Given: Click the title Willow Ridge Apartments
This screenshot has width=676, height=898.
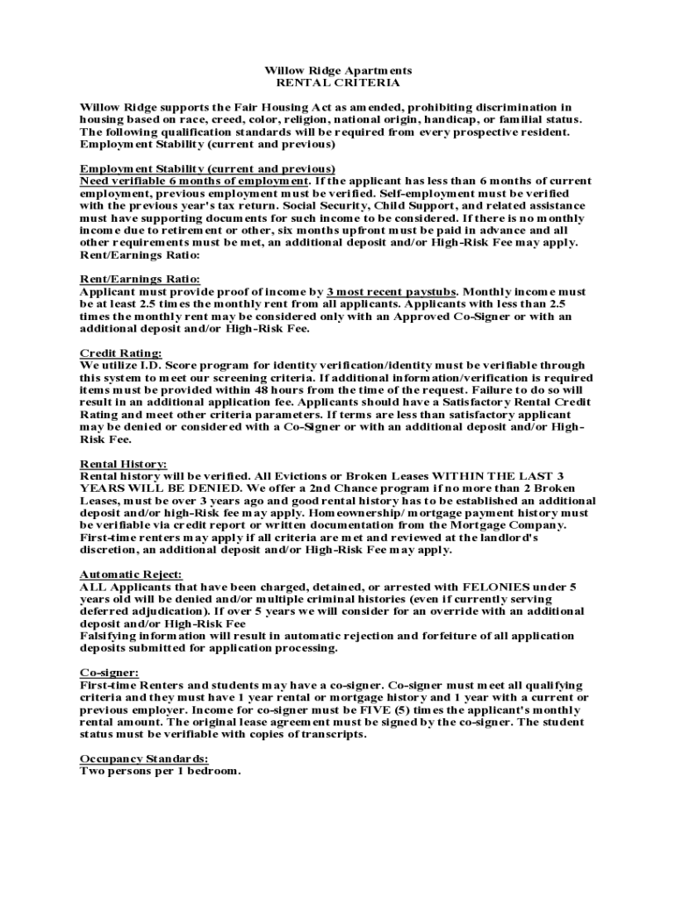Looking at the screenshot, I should tap(338, 70).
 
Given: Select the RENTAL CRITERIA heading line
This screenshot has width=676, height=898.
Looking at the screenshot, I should tap(338, 82).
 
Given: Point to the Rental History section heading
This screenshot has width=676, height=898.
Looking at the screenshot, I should tap(123, 463).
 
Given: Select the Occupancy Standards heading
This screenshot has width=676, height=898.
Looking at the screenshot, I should tap(144, 759).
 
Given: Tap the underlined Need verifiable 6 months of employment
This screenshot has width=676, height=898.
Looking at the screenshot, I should tap(194, 181).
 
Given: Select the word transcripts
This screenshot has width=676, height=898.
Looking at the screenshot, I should tap(330, 734).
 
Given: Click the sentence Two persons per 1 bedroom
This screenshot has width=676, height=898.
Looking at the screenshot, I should tap(160, 771).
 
